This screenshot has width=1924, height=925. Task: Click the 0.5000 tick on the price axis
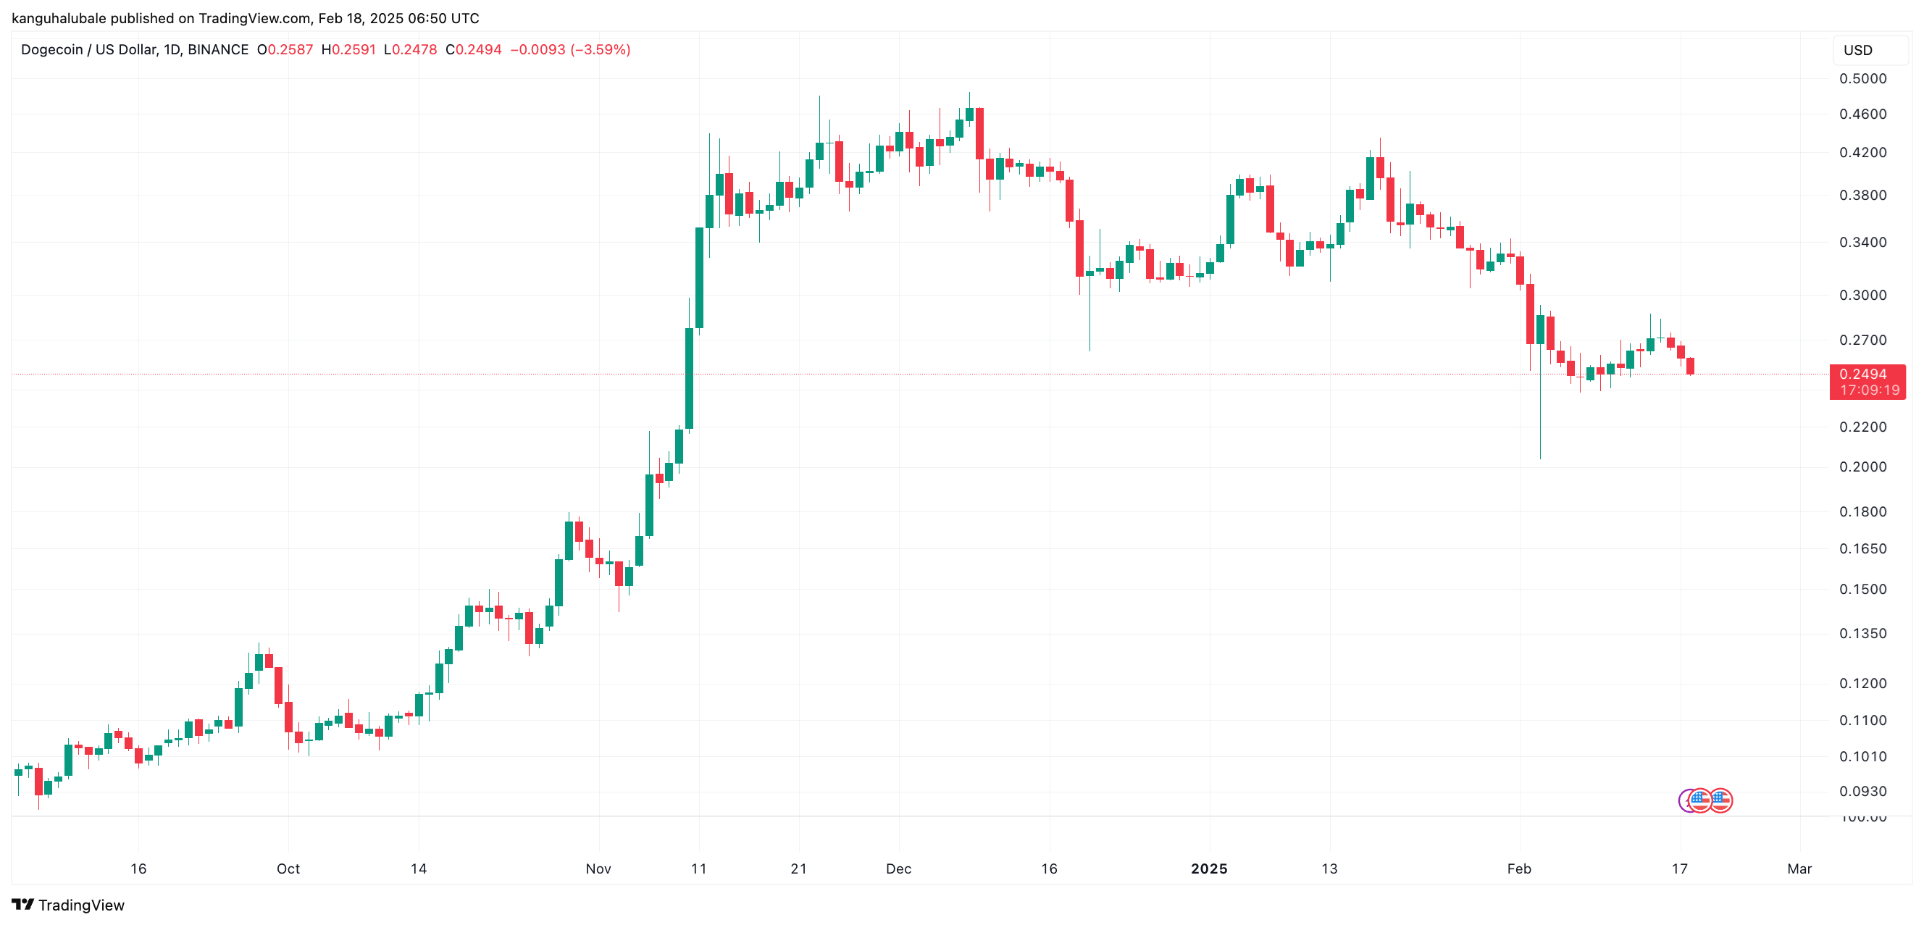pos(1862,78)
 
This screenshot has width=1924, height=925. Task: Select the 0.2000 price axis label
pos(1862,466)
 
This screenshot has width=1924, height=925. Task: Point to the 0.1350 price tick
pos(1862,633)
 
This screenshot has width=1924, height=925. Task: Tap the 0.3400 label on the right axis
pos(1862,242)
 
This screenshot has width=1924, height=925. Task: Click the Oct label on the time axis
pos(288,869)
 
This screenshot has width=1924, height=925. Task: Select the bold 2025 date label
pos(1208,869)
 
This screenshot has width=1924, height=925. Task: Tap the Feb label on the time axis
pos(1518,869)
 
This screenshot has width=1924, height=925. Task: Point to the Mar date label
pos(1799,869)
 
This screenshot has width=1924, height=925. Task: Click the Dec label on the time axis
pos(898,869)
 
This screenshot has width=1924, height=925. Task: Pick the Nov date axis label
pos(598,869)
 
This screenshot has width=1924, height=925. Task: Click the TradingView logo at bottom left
pos(68,905)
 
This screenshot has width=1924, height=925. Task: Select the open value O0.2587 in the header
pos(285,50)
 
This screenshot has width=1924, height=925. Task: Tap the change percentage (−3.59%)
pos(600,50)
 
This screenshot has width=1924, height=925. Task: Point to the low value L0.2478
pos(410,50)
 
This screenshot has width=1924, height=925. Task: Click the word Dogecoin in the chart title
pos(51,50)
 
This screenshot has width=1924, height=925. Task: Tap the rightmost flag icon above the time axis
pos(1721,800)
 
